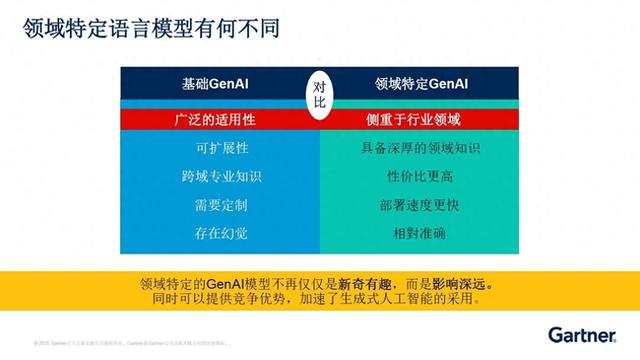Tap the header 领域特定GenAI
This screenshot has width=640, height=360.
421,86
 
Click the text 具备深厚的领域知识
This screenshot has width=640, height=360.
421,149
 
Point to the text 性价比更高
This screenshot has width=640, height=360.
421,177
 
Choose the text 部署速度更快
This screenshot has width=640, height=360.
421,206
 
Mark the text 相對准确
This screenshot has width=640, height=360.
421,235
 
